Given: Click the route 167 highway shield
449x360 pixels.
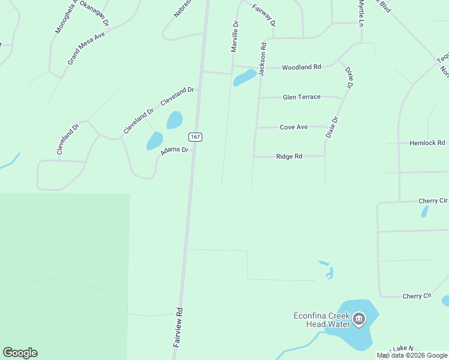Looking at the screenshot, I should [195, 137].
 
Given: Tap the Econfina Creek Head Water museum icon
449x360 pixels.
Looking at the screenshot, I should [359, 318].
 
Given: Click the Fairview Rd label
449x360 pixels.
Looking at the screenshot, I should [178, 328].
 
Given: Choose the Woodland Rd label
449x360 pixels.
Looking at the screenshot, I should [301, 67].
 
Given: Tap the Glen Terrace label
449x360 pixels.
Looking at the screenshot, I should [301, 97].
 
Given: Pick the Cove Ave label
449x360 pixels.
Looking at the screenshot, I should [294, 127].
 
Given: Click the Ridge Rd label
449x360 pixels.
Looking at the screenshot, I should [289, 157].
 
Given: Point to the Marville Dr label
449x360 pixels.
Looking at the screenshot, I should [235, 36].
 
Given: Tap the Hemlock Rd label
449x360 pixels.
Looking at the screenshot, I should [427, 143].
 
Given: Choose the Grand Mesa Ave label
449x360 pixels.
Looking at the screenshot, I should [86, 49].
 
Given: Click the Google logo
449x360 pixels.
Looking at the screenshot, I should [20, 353].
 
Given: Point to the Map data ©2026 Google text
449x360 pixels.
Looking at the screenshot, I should [412, 355].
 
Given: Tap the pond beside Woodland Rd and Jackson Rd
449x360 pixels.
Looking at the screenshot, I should [244, 77].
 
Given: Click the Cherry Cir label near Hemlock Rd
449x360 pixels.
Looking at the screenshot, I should [434, 200].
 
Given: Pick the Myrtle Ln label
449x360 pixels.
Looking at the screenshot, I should [361, 12].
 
